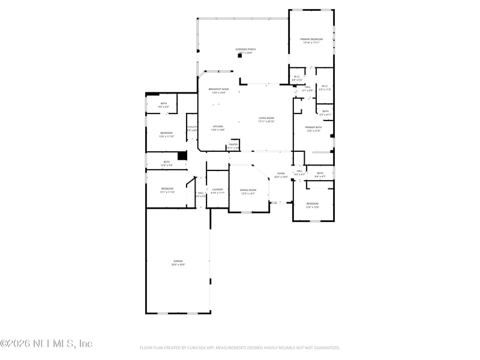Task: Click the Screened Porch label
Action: [x=245, y=49]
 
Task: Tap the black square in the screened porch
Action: [x=239, y=56]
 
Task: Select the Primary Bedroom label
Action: [x=311, y=39]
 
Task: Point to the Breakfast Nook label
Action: [x=218, y=89]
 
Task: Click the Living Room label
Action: [x=266, y=118]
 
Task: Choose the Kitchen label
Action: [x=217, y=127]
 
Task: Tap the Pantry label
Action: [x=233, y=145]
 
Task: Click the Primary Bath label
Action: [x=313, y=127]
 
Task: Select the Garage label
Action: [x=178, y=261]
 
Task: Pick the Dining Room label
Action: [x=248, y=190]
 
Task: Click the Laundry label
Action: [x=217, y=190]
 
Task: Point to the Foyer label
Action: [x=281, y=173]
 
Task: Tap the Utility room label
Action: [x=192, y=127]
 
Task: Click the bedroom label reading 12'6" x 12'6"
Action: [x=313, y=204]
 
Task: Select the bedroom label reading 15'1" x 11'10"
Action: [x=166, y=189]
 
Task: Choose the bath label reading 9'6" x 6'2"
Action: [x=164, y=104]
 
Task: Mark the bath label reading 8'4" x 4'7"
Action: [x=320, y=173]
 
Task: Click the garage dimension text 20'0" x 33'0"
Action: [x=178, y=265]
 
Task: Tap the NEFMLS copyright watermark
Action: [x=46, y=344]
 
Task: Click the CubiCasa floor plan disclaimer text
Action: [x=240, y=347]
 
